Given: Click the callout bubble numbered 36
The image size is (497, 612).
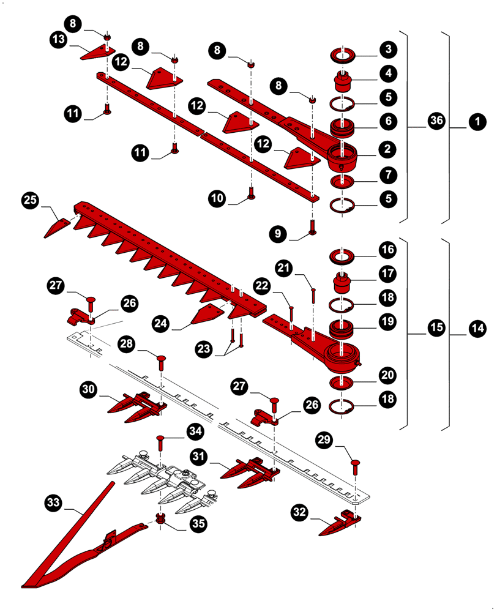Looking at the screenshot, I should click(x=436, y=121).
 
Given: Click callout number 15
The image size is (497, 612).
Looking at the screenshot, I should click(x=436, y=329).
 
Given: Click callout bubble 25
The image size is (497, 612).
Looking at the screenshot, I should click(x=31, y=200).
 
